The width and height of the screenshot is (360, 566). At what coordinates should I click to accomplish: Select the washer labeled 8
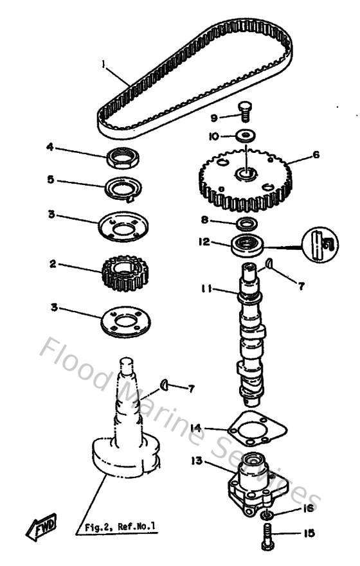246,223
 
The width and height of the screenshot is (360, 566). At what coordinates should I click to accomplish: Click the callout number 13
195,460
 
